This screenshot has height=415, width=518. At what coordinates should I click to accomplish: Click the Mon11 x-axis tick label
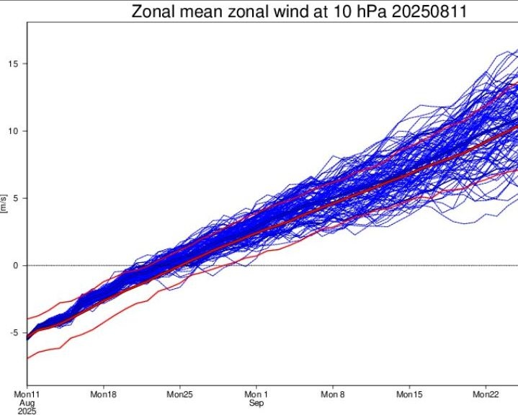(27, 395)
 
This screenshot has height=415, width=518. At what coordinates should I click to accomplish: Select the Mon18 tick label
(104, 395)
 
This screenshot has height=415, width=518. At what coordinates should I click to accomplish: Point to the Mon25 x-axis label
(180, 395)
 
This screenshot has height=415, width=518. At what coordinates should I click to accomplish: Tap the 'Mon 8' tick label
(333, 395)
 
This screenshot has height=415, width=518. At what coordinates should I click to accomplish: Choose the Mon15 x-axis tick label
(409, 395)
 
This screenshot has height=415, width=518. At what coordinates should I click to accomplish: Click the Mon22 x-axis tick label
(486, 395)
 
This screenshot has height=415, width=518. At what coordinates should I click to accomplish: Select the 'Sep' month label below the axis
(256, 403)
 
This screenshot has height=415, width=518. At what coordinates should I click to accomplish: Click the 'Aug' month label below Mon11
(27, 403)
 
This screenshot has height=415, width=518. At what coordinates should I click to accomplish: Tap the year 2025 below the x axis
(27, 411)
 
